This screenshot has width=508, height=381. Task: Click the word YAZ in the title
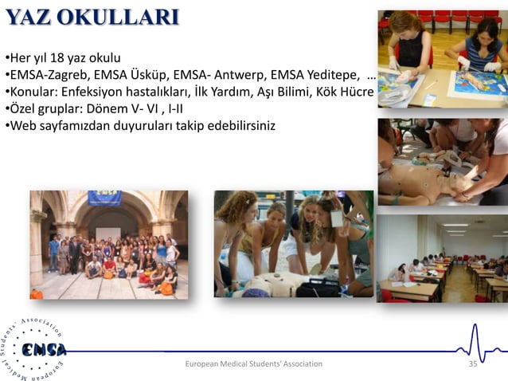tap(29, 18)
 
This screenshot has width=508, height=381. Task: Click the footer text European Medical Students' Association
tap(253, 363)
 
